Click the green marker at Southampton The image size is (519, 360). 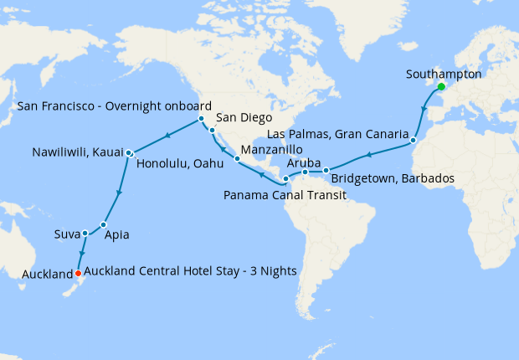click(440, 87)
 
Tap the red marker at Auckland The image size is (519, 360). click(78, 273)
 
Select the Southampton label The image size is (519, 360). click(444, 74)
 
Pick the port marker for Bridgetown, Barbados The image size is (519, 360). click(326, 171)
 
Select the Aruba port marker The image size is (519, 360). click(306, 172)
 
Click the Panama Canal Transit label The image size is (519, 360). click(285, 195)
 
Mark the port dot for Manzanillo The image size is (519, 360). click(238, 157)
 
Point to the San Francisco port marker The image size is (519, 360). click(202, 119)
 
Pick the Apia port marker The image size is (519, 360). click(103, 224)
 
